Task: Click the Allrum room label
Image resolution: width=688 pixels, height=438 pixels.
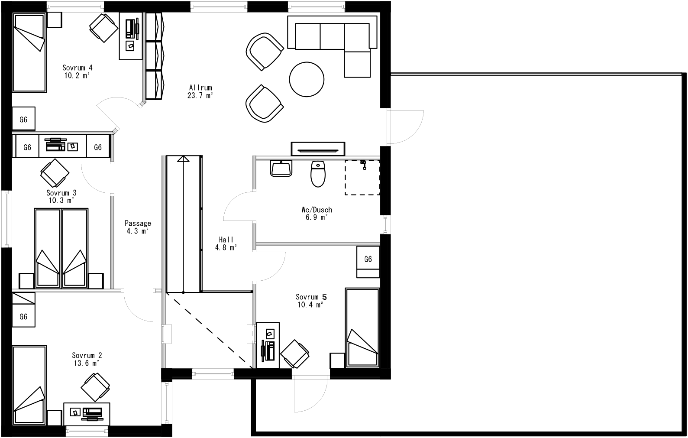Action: point(200,88)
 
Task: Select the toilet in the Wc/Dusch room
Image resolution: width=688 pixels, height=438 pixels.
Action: point(318,174)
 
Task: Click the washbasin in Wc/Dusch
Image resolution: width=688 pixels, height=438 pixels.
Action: point(281,168)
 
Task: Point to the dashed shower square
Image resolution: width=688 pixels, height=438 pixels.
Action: point(362,178)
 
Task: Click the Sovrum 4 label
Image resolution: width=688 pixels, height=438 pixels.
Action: point(77,68)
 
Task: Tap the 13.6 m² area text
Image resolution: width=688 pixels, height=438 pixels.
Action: point(87,363)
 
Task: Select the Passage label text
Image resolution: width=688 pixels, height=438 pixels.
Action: point(138,224)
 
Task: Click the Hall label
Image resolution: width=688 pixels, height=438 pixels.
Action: point(226,240)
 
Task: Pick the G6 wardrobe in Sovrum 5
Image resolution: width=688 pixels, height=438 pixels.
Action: point(368,259)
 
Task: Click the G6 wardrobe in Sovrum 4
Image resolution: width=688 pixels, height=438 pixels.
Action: point(23,120)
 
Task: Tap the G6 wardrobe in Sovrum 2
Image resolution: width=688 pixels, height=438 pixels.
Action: point(23,317)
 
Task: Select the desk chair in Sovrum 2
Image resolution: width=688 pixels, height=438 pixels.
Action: point(95,387)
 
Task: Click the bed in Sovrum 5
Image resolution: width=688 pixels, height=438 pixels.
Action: point(362,328)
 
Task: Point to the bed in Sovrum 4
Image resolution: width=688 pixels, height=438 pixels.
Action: point(29,53)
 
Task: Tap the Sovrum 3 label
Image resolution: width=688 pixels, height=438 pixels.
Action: point(61,193)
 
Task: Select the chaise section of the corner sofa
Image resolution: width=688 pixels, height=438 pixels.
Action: point(358,64)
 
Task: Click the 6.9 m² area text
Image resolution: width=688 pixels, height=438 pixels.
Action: point(317,217)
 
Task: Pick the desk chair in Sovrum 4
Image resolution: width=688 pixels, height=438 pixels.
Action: point(104,28)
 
